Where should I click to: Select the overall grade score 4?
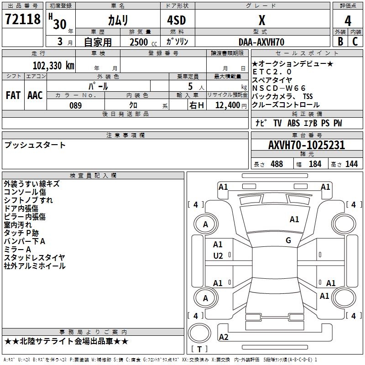click(348, 21)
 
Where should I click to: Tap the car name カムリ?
click(118, 21)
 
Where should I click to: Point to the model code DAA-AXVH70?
click(261, 42)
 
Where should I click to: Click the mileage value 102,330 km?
click(53, 65)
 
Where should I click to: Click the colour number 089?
click(75, 105)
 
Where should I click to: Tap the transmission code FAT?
click(13, 95)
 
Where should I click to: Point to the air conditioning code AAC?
click(35, 95)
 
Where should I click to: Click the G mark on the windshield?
click(288, 240)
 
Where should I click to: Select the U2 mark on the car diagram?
click(218, 256)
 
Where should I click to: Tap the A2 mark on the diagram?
click(224, 337)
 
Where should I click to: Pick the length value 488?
click(276, 164)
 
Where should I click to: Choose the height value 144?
click(351, 164)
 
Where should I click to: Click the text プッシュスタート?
click(35, 145)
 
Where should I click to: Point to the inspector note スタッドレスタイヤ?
click(35, 258)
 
